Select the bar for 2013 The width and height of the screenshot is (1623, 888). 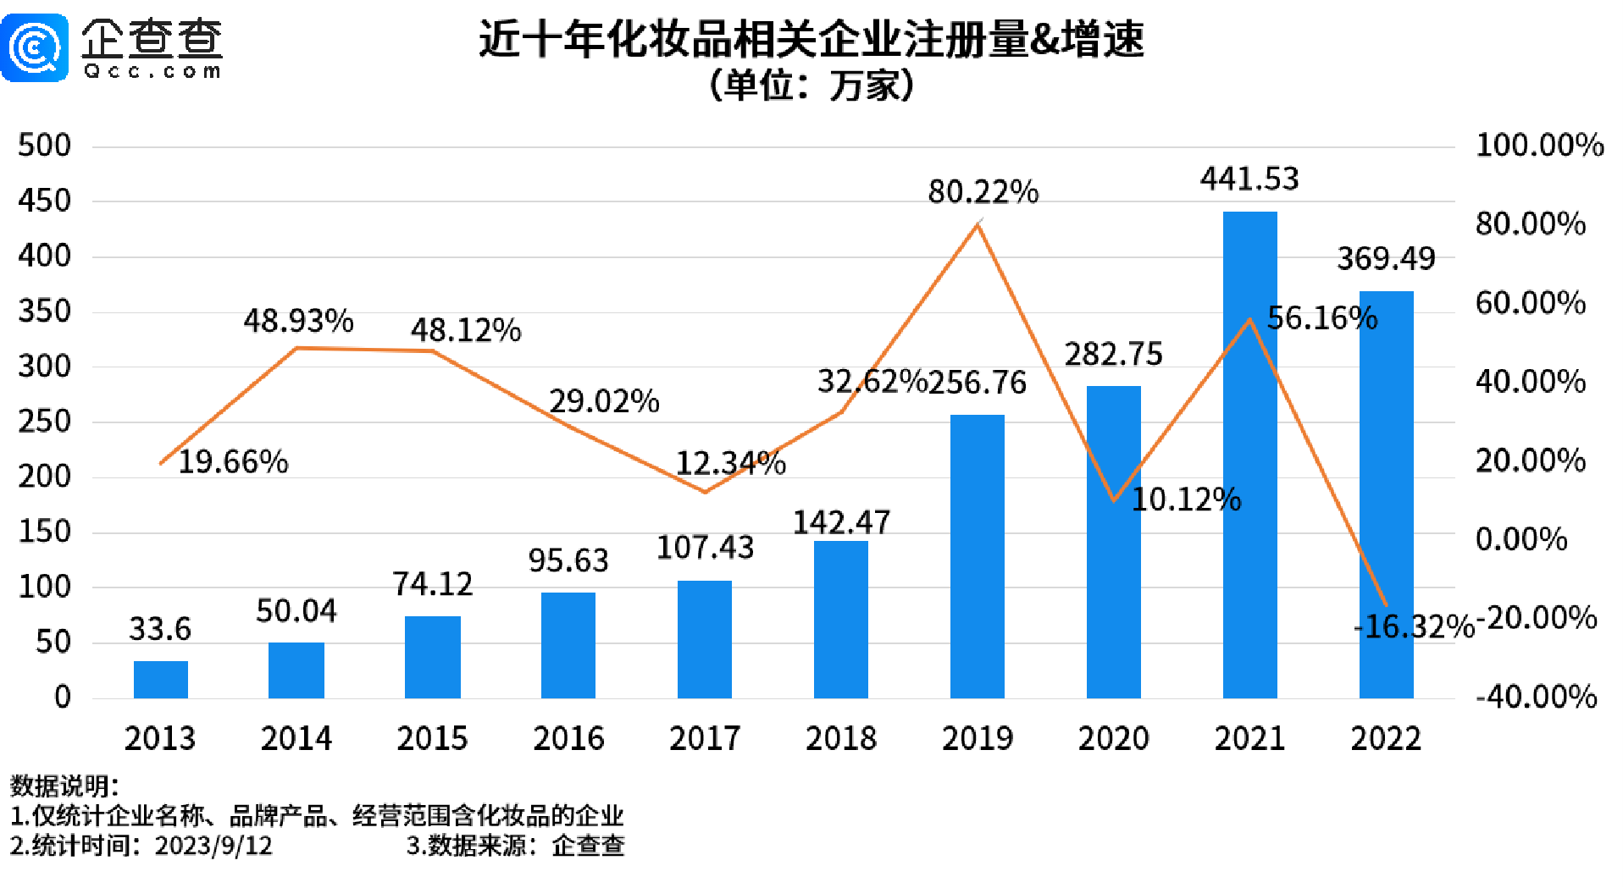160,679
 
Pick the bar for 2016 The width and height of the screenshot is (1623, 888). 568,645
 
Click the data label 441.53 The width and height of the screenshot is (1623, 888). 1249,179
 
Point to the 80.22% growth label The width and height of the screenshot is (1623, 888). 983,192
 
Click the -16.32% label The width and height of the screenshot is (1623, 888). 1414,627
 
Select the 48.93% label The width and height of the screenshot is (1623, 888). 298,321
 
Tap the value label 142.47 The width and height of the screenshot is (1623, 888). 841,522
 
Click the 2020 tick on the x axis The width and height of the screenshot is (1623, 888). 1113,738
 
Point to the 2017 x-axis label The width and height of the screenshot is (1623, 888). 705,738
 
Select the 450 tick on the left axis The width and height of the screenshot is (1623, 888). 44,201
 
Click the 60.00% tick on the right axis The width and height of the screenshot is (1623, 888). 1530,303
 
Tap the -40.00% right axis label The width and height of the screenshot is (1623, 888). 1536,697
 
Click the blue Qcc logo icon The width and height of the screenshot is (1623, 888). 35,47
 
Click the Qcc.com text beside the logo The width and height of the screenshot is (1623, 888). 152,72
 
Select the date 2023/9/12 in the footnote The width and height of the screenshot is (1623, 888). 213,846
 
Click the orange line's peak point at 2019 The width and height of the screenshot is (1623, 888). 978,224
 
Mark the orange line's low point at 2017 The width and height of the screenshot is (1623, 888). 705,492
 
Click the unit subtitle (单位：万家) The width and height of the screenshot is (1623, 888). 811,85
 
